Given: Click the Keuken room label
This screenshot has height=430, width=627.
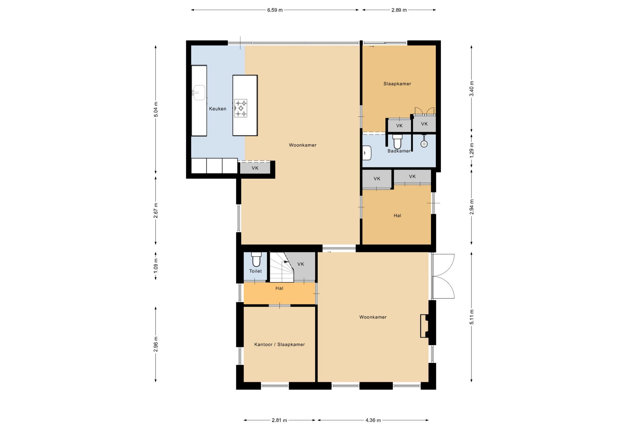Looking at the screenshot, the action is (x=218, y=109).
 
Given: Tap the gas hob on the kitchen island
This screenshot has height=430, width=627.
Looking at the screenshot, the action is (x=241, y=108).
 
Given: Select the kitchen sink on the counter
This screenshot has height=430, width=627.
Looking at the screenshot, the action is (x=199, y=92).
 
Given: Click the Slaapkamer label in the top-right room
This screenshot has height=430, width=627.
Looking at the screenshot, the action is (x=397, y=84).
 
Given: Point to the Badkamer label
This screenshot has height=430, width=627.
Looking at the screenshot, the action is (x=399, y=151).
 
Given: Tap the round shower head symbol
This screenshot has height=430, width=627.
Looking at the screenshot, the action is (x=424, y=144).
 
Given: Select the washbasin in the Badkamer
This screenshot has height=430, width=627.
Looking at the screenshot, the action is (x=367, y=153).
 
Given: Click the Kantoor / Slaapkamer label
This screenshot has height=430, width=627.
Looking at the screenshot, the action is (x=280, y=345).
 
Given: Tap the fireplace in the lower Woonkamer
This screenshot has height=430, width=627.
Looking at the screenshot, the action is (x=425, y=326).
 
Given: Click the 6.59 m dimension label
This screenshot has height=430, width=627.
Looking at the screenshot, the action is (x=275, y=10).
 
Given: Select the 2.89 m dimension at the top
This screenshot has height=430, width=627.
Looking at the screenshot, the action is (x=399, y=10).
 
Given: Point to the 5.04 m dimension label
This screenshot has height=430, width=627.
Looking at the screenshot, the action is (x=156, y=109).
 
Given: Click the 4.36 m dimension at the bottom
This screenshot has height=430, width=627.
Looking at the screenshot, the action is (x=373, y=420).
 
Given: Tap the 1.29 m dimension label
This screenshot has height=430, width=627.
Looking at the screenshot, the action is (x=472, y=150).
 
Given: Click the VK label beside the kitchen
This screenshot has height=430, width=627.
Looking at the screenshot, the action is (x=255, y=168).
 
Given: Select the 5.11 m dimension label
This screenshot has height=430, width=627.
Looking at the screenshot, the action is (x=472, y=317).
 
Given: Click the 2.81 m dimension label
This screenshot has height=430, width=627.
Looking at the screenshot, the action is (x=279, y=420).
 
